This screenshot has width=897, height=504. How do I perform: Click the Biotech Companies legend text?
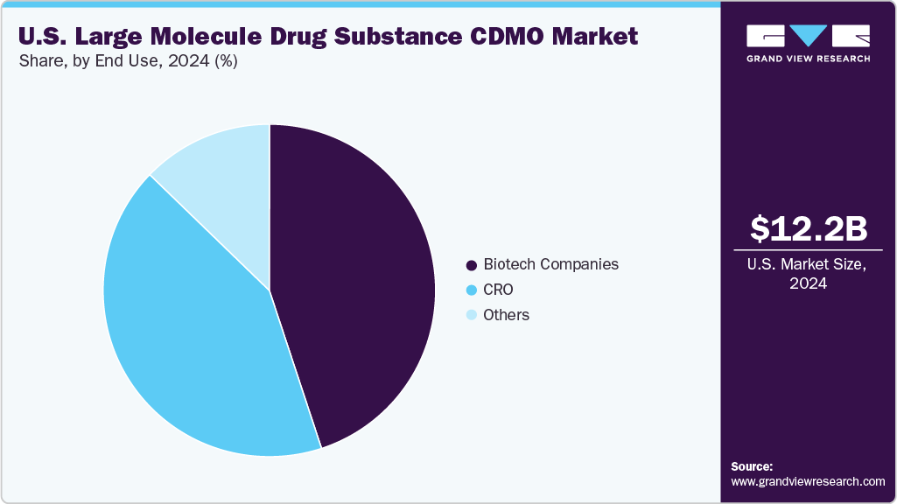550,264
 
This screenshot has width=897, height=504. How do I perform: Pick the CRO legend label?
498,290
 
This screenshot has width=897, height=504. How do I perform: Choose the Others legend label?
506,315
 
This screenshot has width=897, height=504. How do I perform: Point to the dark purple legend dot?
473,265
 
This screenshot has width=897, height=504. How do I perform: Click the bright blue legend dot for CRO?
473,290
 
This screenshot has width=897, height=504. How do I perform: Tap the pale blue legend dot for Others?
473,316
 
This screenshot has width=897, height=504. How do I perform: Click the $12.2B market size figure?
809,228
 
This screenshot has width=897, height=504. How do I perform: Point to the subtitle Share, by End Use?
96,61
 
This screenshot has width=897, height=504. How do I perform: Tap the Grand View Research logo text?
808,59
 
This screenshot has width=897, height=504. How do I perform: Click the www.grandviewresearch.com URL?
808,481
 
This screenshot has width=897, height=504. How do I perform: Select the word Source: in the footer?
752,466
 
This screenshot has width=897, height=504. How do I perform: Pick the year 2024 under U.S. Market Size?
809,283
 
